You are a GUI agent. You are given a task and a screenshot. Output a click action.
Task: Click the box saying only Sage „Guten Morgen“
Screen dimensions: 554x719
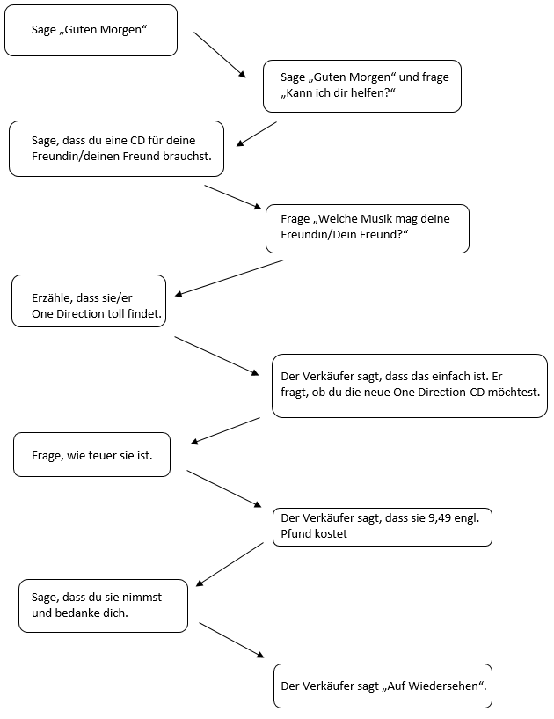91,30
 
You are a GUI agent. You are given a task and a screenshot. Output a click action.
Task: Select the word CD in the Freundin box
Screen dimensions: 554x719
137,140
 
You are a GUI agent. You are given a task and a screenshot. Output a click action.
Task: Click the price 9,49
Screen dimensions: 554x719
440,518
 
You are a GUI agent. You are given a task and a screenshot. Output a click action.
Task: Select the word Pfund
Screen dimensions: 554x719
294,533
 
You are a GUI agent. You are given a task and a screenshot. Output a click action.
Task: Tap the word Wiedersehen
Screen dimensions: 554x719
443,686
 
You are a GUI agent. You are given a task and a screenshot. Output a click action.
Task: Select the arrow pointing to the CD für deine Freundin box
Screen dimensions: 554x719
257,134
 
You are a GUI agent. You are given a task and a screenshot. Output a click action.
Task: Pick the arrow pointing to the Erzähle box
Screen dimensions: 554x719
230,278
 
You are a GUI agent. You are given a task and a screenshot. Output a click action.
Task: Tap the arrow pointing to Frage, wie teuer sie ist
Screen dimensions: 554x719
225,430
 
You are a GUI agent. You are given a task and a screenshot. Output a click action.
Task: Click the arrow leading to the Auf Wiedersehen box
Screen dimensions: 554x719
231,640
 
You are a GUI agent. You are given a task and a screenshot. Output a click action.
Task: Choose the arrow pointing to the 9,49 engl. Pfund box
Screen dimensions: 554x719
224,488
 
